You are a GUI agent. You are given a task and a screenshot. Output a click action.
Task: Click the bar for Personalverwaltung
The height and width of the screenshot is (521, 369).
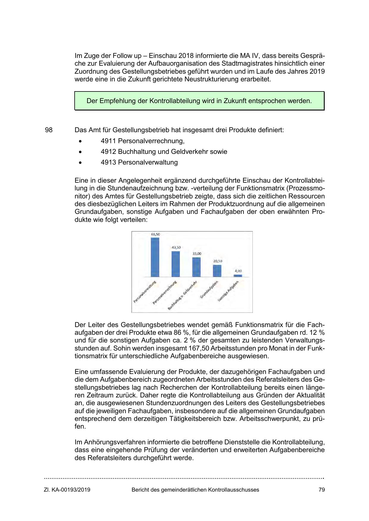click(x=155, y=257)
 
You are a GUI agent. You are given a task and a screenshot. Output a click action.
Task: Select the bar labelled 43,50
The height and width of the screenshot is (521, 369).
click(x=175, y=264)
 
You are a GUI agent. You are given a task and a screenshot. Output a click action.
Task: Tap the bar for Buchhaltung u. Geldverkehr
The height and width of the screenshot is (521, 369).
click(x=196, y=267)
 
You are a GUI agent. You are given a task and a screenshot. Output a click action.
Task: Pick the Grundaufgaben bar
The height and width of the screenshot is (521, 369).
click(x=217, y=271)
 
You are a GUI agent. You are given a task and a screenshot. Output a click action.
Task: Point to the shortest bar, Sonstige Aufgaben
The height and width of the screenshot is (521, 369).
click(x=238, y=276)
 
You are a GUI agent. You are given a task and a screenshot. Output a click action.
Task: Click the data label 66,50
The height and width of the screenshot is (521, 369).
click(x=155, y=234)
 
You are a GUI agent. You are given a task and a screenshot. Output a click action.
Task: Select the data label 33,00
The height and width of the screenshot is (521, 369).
click(x=197, y=254)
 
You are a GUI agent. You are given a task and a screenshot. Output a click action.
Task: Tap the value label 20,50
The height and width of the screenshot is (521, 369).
click(x=218, y=261)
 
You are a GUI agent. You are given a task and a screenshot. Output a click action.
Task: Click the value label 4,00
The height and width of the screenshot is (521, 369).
click(x=238, y=271)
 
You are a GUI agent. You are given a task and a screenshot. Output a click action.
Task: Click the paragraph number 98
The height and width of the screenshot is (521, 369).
click(x=49, y=130)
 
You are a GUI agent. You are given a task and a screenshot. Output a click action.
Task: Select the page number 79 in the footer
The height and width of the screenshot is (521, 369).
click(x=321, y=490)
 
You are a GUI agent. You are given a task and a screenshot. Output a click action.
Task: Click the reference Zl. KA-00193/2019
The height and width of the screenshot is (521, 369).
click(x=67, y=490)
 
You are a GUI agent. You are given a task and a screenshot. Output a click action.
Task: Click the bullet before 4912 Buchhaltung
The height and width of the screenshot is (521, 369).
click(x=80, y=152)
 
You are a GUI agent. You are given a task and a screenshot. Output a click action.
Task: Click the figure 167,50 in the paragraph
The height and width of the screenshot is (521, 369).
click(x=199, y=348)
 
